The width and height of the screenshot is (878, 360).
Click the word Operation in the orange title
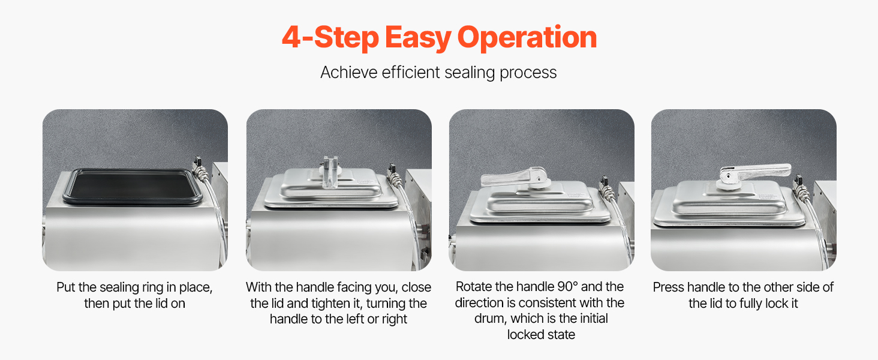pyautogui.click(x=527, y=38)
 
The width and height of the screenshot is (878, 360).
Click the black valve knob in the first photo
pyautogui.click(x=197, y=160)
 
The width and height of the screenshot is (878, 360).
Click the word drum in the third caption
pyautogui.click(x=492, y=319)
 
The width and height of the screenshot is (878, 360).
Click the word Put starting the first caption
pyautogui.click(x=66, y=287)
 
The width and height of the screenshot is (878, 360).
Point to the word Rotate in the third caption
pyautogui.click(x=475, y=287)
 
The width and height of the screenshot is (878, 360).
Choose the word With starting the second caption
pyautogui.click(x=258, y=287)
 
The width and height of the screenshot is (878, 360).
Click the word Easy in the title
pyautogui.click(x=418, y=38)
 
